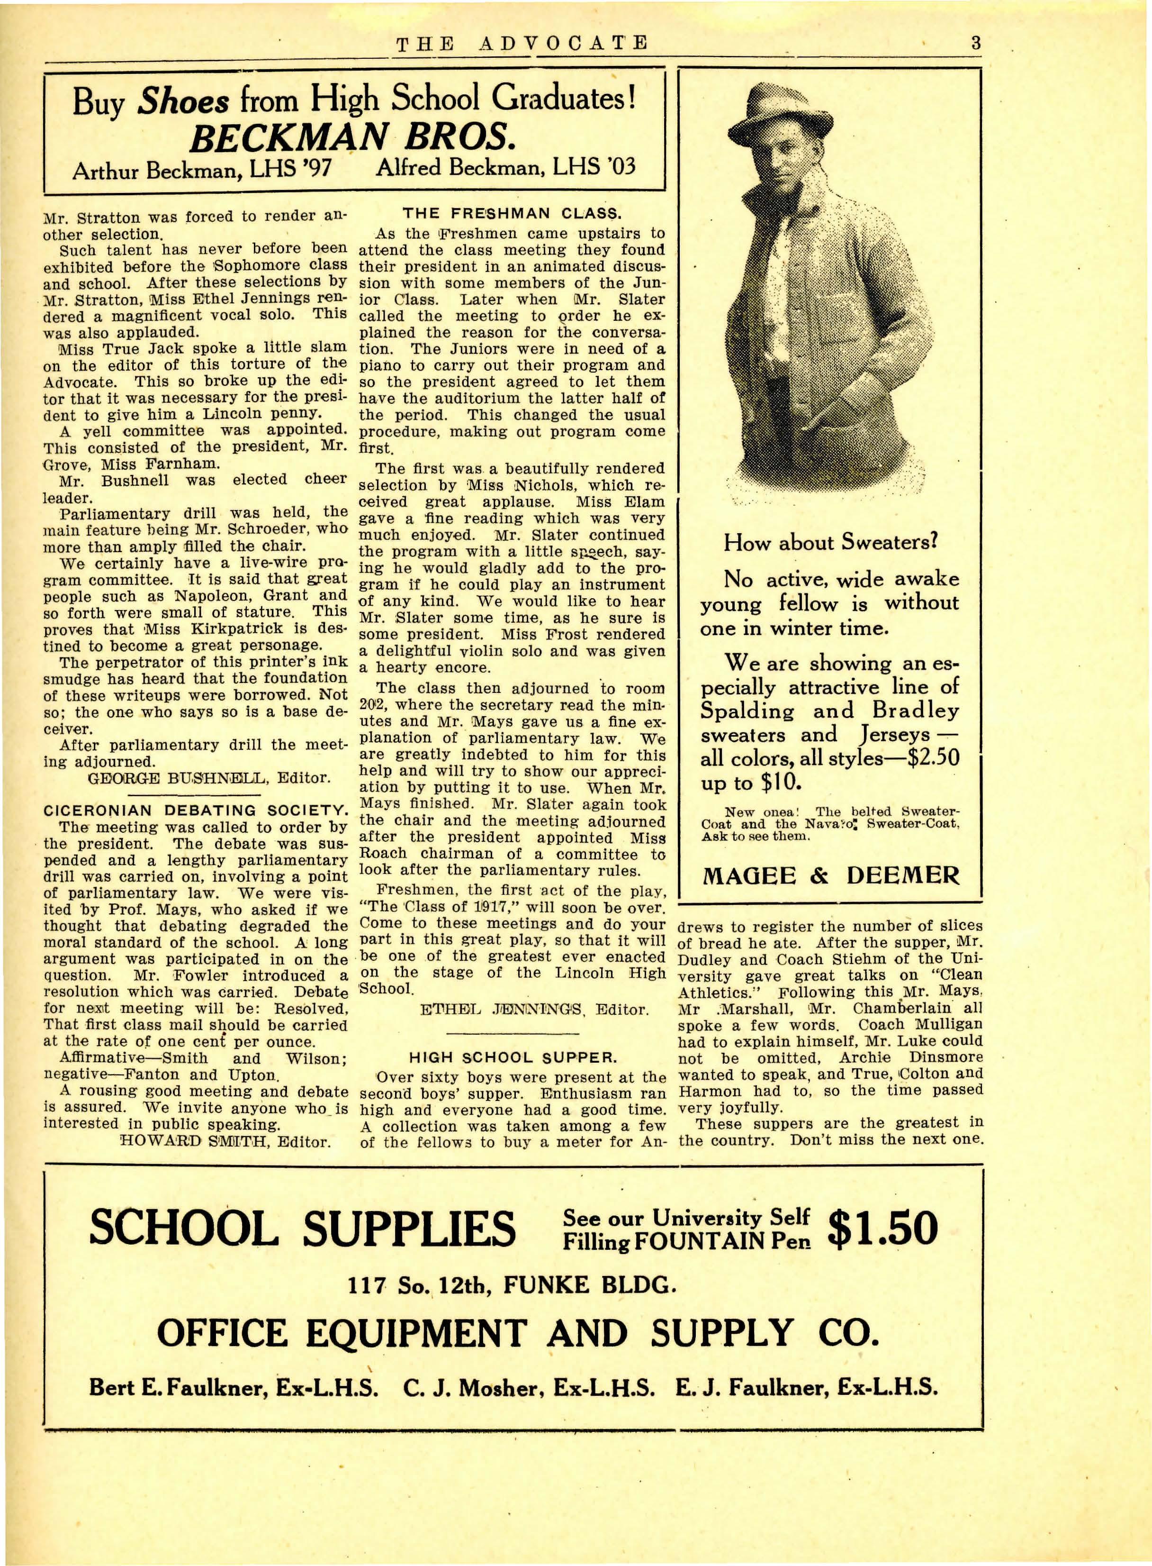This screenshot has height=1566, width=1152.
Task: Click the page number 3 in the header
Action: tap(976, 43)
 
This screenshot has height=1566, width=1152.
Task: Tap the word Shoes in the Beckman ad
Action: tap(183, 102)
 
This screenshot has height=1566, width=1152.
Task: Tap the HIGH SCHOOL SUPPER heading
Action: tap(513, 1057)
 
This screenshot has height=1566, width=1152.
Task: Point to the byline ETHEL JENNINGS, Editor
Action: tap(535, 1010)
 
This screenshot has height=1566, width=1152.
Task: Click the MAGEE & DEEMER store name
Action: tap(830, 875)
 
